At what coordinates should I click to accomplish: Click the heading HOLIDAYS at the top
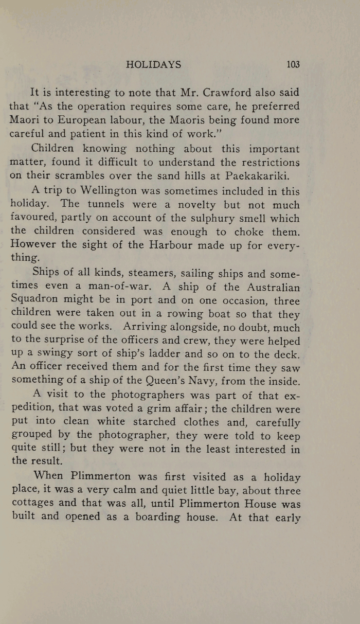click(x=153, y=65)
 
